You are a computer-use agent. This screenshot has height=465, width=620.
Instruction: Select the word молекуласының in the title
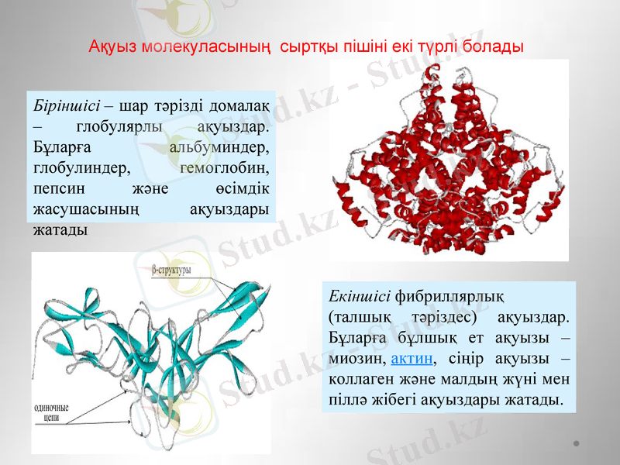(x=206, y=46)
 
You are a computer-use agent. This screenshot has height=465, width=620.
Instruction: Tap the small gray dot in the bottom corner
(x=577, y=444)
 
